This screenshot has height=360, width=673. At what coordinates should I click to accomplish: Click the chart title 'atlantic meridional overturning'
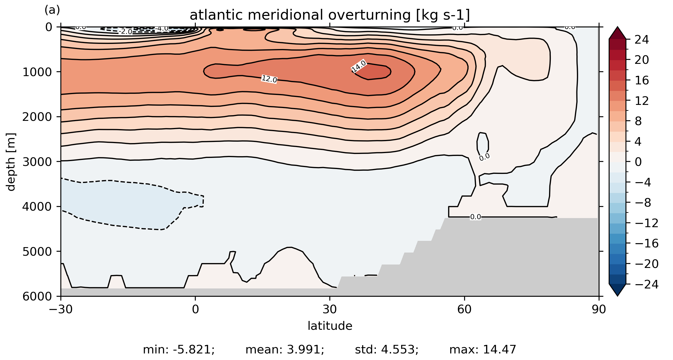[x=330, y=15]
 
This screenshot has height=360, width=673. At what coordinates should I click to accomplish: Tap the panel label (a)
[x=52, y=10]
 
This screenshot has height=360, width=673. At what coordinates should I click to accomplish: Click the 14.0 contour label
[x=359, y=66]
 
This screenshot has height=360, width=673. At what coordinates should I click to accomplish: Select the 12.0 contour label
[x=269, y=79]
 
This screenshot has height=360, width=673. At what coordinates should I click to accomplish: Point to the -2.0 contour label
[x=126, y=32]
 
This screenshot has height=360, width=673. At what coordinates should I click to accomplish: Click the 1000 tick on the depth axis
[x=37, y=72]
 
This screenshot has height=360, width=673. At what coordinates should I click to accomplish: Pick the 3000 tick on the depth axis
[x=37, y=162]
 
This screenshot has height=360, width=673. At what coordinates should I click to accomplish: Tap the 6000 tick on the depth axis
[x=37, y=296]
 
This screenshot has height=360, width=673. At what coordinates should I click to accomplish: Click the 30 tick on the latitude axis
[x=330, y=309]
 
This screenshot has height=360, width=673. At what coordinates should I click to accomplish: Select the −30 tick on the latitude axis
[x=61, y=309]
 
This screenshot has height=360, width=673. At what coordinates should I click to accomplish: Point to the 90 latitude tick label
[x=599, y=309]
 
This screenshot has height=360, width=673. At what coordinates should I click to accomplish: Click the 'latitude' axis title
[x=330, y=326]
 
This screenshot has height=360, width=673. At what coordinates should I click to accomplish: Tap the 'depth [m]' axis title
[x=11, y=162]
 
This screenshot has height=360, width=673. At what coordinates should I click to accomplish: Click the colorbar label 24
[x=642, y=40]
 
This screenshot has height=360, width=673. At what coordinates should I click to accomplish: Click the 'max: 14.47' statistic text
[x=483, y=350]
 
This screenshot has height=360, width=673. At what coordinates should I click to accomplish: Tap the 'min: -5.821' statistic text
[x=179, y=350]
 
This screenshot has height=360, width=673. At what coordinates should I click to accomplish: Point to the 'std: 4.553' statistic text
[x=387, y=350]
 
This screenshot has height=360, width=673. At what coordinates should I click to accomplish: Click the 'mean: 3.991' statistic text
[x=285, y=350]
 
